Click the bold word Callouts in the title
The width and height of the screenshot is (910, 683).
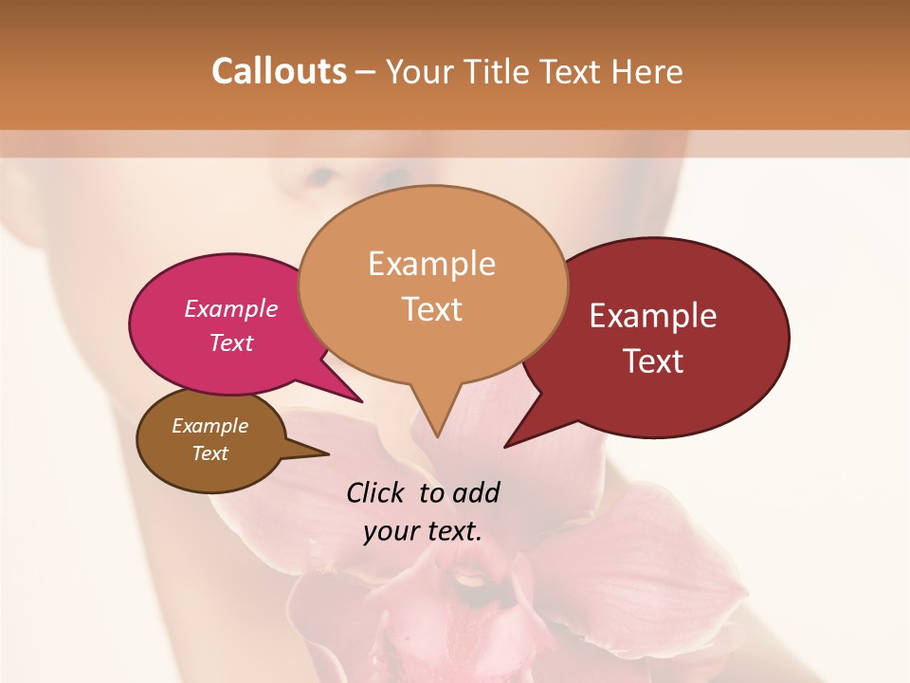279,71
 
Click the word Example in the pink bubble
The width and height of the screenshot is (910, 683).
231,308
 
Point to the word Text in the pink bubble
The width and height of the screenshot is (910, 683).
231,342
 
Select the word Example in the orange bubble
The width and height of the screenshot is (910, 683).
431,264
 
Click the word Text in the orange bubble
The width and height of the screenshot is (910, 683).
431,309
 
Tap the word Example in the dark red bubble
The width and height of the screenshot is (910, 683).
653,316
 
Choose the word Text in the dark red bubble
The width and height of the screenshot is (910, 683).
653,361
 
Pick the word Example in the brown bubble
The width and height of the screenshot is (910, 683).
210,426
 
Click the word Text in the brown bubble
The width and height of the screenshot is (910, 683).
210,453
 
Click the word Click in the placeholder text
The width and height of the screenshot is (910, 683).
376,492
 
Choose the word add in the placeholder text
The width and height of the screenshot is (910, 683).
476,492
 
